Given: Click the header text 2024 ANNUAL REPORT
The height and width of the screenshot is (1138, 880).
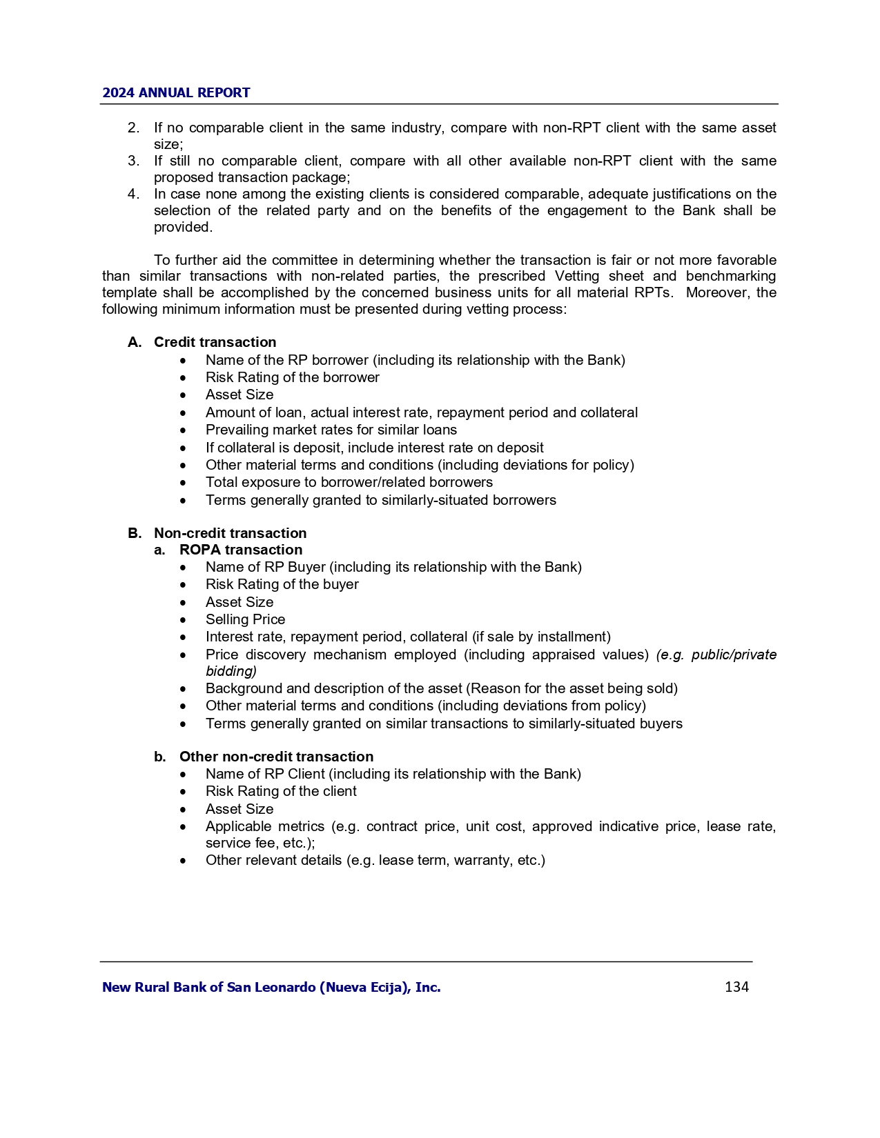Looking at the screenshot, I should tap(176, 93).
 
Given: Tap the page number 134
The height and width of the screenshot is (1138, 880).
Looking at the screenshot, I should tap(736, 987).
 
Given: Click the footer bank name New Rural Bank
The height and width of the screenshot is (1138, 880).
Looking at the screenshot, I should tap(271, 987).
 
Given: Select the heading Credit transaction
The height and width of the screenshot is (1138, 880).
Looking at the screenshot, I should tap(215, 342).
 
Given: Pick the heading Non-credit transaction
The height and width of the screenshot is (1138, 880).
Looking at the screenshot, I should tap(230, 533).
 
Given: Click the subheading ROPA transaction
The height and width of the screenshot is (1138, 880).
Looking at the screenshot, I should tap(240, 550).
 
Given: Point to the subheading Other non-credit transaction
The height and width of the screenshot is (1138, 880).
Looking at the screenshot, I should tap(276, 757).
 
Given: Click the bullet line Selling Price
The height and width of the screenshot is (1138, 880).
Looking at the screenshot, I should tap(245, 619).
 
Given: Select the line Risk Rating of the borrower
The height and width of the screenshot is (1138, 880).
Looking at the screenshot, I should tap(292, 377).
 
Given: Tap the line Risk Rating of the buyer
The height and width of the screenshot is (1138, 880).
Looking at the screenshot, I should tap(282, 584).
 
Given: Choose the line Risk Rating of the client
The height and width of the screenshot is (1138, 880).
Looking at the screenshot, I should tap(281, 791).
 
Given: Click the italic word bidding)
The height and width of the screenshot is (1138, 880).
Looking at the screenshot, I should tap(231, 671).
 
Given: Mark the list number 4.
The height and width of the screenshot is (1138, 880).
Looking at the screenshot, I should tap(133, 194).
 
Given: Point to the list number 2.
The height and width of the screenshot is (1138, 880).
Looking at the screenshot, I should tap(133, 128).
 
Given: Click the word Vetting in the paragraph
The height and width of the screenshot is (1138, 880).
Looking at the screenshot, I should tap(578, 277).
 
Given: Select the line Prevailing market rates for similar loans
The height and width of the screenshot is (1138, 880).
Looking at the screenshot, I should tap(331, 430).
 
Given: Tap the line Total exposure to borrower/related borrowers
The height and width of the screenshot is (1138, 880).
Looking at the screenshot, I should tap(349, 482).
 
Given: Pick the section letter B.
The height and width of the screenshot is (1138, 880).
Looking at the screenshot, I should tap(135, 533).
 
